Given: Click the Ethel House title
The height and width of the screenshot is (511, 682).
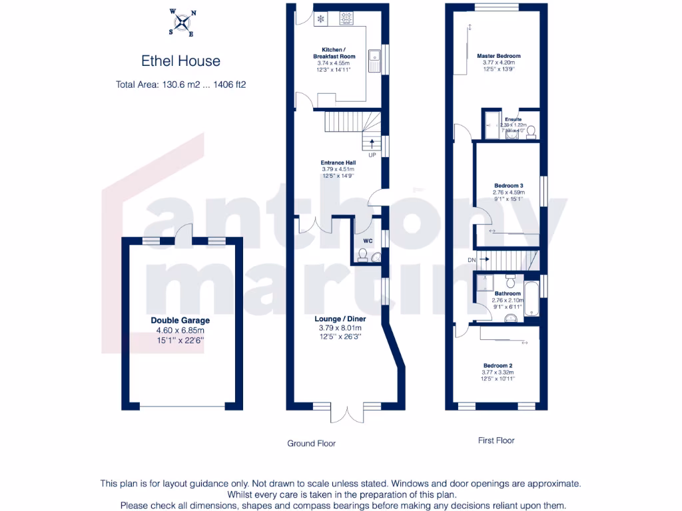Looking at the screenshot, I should click(x=180, y=61).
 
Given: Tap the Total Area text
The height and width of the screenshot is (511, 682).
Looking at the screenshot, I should click(x=180, y=85).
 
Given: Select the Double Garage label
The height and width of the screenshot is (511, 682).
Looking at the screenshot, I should click(x=180, y=320).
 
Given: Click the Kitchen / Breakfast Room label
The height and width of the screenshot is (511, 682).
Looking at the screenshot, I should click(x=333, y=53).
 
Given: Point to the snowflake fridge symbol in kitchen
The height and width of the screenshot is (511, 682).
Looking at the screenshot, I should click(x=320, y=19).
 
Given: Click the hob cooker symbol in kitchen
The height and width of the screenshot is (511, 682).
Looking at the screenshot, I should click(x=346, y=19).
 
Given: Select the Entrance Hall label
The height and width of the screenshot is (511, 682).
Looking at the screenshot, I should click(x=338, y=162).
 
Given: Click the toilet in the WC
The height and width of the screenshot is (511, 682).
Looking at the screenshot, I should click(x=363, y=255).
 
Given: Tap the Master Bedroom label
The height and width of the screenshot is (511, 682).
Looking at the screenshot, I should click(x=499, y=56).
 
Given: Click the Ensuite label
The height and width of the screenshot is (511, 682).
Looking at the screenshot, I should click(x=513, y=120).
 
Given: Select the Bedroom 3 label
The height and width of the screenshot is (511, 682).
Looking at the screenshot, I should click(x=508, y=185).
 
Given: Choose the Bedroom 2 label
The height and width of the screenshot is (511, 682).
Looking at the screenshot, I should click(x=498, y=365).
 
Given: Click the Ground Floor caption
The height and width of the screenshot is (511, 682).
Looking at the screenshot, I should click(x=311, y=443).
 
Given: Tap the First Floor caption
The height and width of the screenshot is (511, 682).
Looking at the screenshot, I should click(x=496, y=440).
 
